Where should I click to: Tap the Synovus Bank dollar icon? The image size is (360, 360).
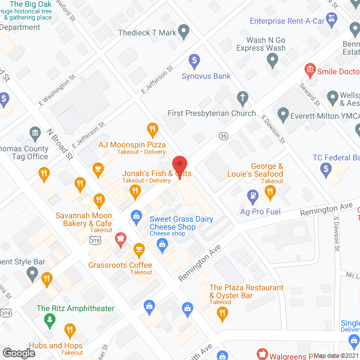[x=194, y=60]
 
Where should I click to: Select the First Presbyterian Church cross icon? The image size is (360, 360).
[x=242, y=97]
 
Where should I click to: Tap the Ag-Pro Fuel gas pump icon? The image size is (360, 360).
[x=253, y=196]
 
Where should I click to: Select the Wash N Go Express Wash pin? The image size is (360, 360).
[x=273, y=61]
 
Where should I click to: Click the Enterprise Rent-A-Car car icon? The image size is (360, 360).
[x=332, y=20]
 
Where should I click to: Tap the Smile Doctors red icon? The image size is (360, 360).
[x=309, y=71]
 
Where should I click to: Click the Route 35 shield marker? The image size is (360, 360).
[x=224, y=136]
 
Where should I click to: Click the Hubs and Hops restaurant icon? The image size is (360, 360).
[x=70, y=330]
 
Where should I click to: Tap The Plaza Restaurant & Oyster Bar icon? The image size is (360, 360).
[x=223, y=313]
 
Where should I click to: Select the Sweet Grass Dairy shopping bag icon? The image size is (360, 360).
[x=136, y=215]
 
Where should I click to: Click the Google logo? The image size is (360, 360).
[x=18, y=353]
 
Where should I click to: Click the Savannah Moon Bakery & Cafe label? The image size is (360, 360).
[x=83, y=219]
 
